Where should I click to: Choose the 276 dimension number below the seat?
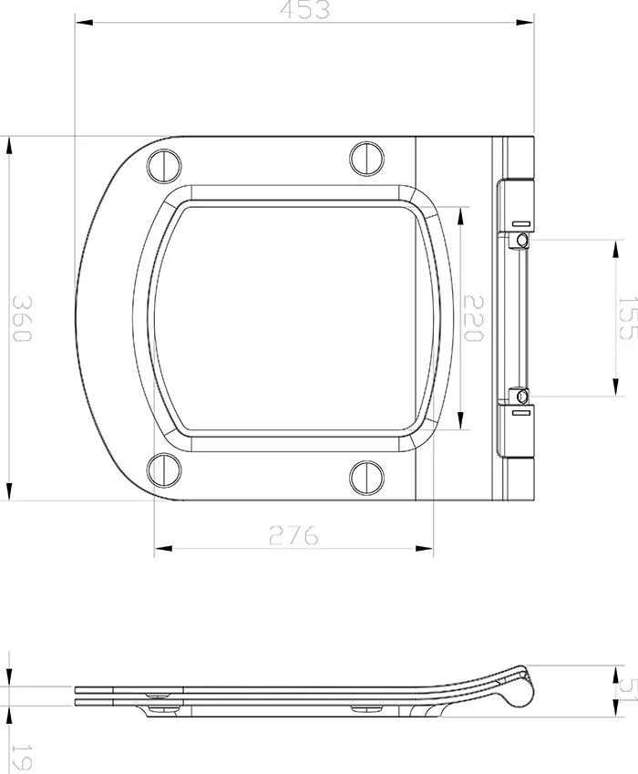(x=293, y=535)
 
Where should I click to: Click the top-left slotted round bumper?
(x=163, y=164)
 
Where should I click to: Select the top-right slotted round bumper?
(x=367, y=158)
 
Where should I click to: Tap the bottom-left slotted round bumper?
(x=163, y=470)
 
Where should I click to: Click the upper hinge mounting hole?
(x=520, y=239)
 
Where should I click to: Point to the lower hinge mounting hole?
(x=520, y=397)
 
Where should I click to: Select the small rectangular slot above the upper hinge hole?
(x=520, y=222)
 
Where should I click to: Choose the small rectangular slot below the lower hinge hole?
(x=520, y=413)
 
